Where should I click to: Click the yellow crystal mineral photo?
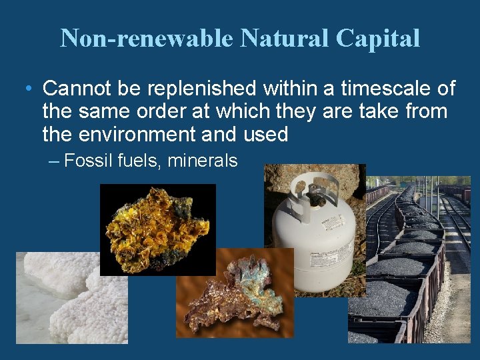(x=157, y=230)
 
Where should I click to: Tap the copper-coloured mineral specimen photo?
(x=235, y=293)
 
